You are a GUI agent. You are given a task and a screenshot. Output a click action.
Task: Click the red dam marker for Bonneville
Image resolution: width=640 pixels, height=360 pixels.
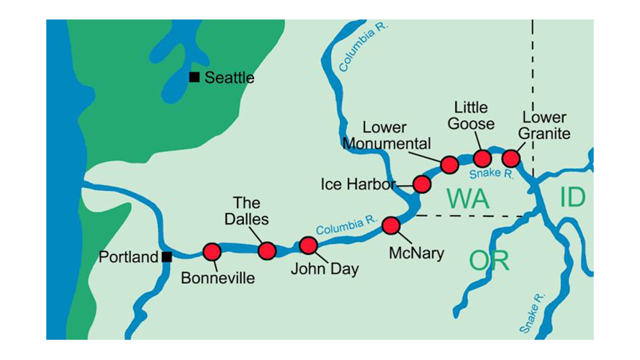pos(212,251)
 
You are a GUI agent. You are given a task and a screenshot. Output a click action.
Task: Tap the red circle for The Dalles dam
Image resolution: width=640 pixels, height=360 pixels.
pos(267,251)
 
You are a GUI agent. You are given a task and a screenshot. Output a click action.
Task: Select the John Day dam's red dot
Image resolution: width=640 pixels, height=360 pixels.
pos(308,246)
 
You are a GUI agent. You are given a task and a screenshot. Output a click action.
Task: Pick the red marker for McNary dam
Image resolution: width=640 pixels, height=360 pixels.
pos(391,225)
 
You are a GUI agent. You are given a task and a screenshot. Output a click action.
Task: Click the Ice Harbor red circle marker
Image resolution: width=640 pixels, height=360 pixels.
pos(422,184)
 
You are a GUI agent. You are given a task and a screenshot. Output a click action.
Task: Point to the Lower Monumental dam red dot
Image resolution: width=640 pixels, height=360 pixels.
pos(449,164)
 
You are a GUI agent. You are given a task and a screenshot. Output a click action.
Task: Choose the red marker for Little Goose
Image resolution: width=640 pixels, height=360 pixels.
pos(482,158)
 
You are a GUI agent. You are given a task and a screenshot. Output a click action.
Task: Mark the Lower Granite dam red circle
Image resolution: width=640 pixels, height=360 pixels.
pos(510,158)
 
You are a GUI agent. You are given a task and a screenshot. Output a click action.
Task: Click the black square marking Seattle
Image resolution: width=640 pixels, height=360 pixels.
pos(194,77)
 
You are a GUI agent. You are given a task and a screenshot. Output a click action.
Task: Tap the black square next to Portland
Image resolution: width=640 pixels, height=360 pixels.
pos(167,256)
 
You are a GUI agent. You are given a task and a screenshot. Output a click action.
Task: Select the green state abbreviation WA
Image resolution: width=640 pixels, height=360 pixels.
pos(468,198)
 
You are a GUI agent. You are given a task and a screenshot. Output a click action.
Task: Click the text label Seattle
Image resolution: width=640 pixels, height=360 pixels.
pos(229,78)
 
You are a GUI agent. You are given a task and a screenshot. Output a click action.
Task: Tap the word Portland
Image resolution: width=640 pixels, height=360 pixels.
pos(128,257)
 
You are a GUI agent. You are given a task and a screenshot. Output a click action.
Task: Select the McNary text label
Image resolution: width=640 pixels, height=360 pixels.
pos(415,253)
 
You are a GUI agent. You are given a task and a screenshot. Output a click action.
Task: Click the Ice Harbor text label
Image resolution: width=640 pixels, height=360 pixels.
pos(358,184)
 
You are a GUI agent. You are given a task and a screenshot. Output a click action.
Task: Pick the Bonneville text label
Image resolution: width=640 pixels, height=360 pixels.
pos(217,278)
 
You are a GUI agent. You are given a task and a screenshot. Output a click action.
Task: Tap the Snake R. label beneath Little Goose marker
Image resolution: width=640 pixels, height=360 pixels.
pos(491,174)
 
